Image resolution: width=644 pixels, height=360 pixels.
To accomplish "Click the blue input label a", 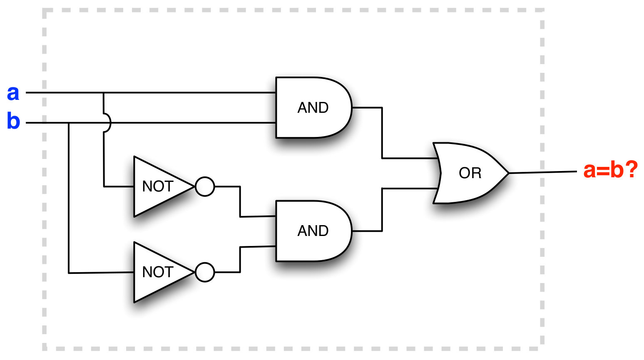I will tap(13, 93).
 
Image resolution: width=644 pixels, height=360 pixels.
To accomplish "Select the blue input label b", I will tap(13, 122).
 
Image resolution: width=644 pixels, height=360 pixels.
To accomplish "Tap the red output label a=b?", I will tap(610, 170).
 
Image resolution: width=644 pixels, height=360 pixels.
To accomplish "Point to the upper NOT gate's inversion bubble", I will tap(205, 186).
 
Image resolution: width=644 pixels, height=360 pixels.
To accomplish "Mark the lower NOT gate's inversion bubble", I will tap(205, 272).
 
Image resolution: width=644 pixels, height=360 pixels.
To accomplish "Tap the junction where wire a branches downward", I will tap(104, 93).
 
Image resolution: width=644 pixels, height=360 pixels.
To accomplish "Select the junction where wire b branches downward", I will tap(69, 123).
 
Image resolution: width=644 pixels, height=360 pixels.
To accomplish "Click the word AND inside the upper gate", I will tap(313, 108).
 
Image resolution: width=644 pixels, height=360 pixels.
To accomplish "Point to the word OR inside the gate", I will tap(470, 173).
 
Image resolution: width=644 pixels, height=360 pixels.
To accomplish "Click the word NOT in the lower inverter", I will tap(157, 272).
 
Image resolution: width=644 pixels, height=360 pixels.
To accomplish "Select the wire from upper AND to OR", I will tap(382, 133).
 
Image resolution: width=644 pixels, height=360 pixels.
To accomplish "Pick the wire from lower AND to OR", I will tap(382, 210).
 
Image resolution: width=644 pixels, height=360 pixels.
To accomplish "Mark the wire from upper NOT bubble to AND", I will tap(240, 201).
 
